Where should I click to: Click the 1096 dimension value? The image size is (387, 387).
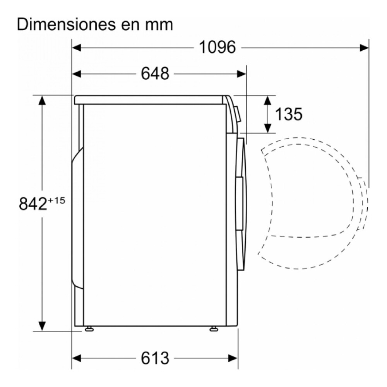coord(217,48)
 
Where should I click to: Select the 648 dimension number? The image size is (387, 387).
coord(155,73)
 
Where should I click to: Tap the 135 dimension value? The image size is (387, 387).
coord(288,114)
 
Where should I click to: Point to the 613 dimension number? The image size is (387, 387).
coord(155,358)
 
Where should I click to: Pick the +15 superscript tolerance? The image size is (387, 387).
coord(56,200)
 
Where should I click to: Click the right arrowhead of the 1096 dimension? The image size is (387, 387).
coord(365,48)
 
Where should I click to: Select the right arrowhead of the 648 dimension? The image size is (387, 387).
coord(242,73)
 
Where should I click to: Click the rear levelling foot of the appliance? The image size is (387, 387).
coord(89,329)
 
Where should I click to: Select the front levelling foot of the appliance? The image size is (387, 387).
coord(213,329)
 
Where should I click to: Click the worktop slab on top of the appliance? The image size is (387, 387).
coord(151,100)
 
